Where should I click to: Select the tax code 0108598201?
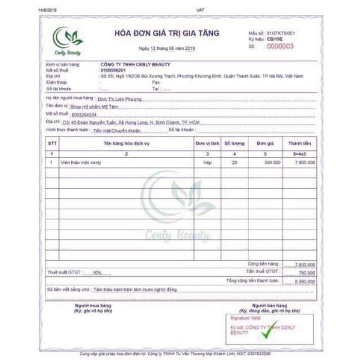(x=115, y=70)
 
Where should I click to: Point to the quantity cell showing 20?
(x=235, y=161)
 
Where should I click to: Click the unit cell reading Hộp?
(x=207, y=161)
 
